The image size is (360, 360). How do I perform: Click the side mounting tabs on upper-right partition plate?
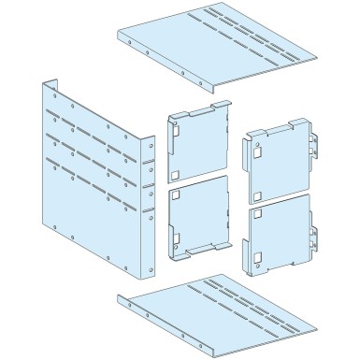coord(315,154)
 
